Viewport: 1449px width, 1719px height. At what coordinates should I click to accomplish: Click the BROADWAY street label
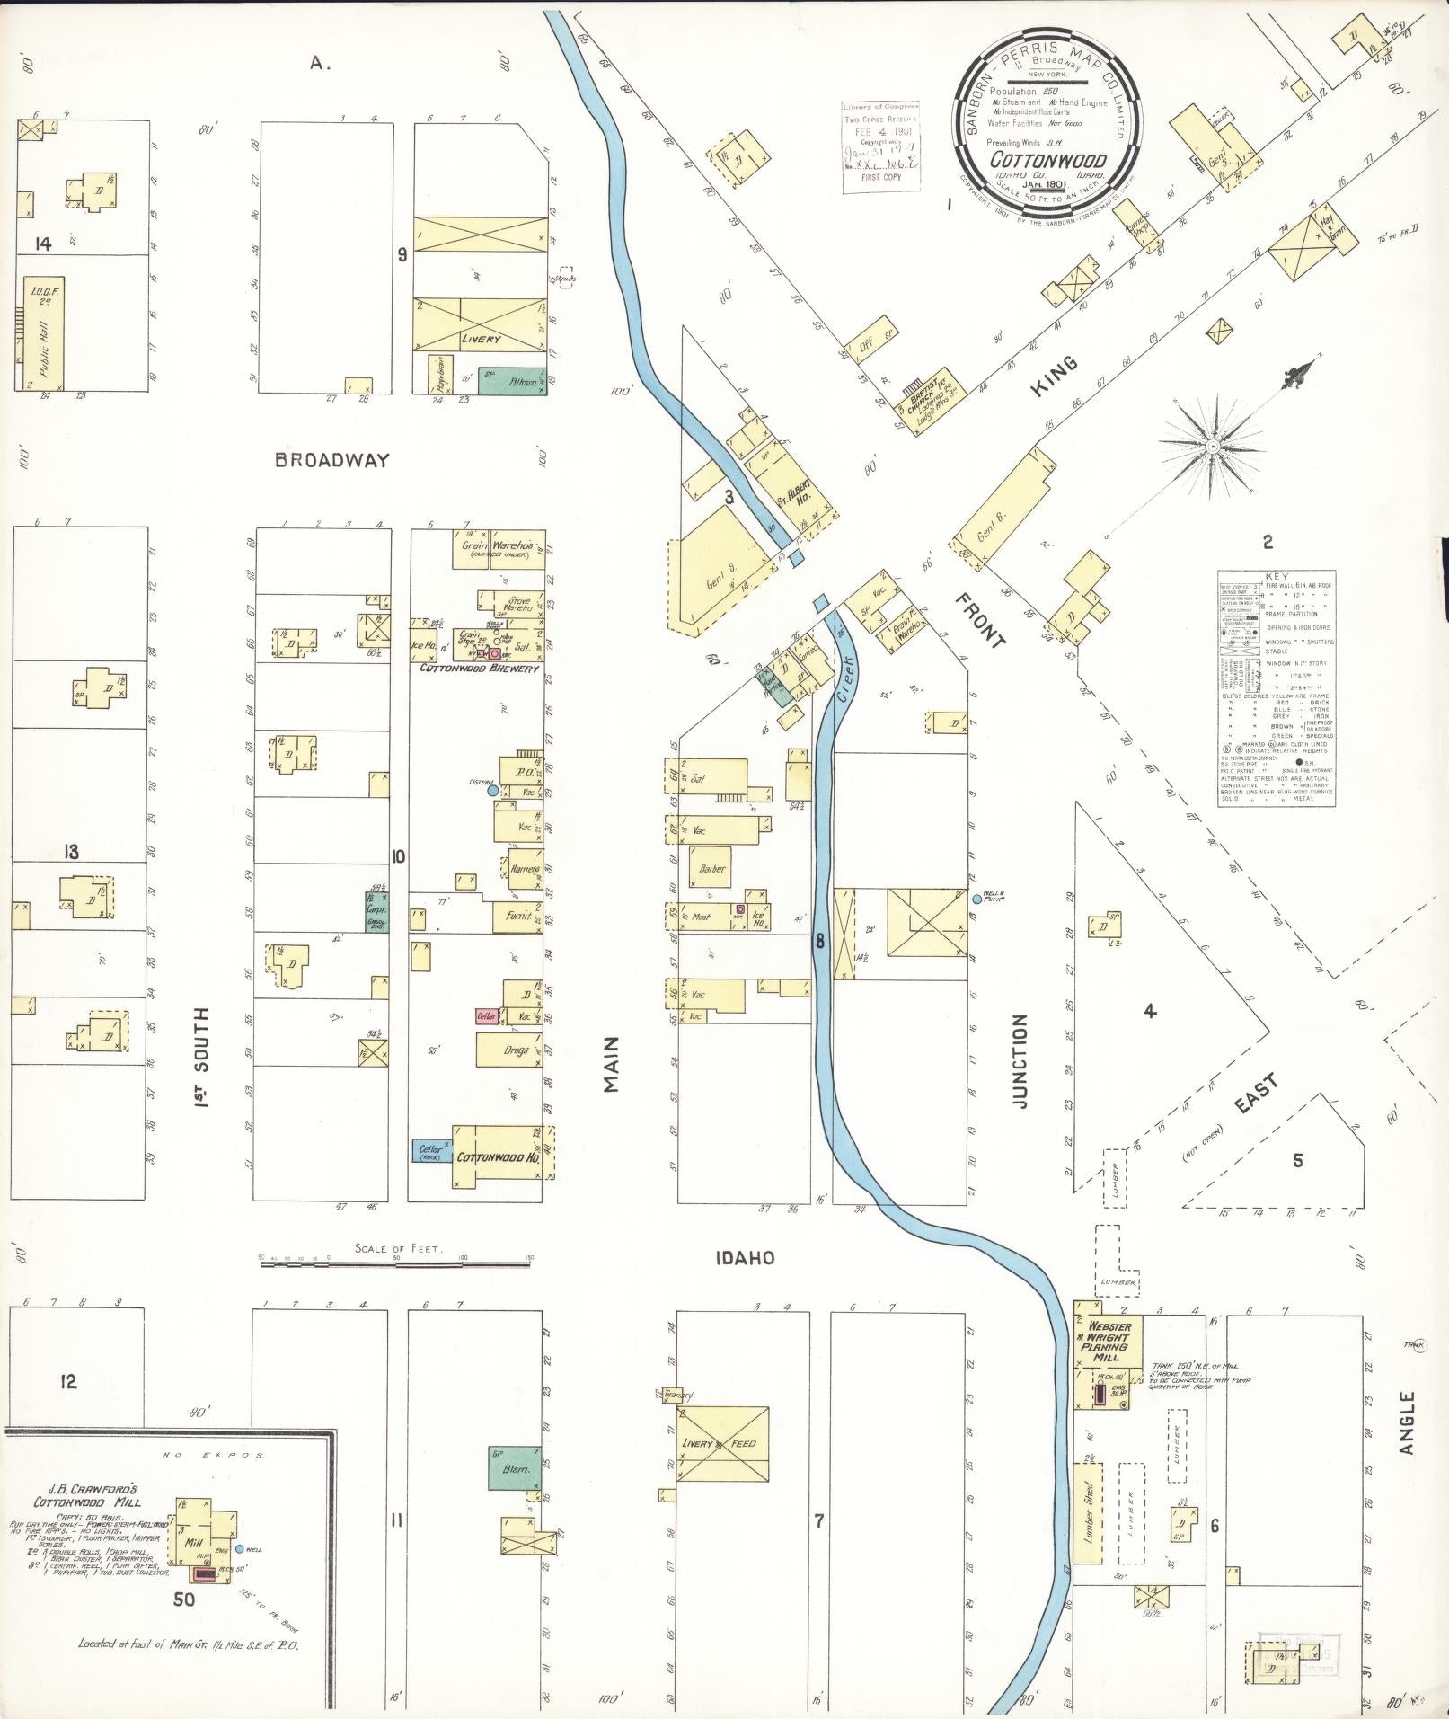(332, 460)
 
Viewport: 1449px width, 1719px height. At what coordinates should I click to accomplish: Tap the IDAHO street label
(745, 1258)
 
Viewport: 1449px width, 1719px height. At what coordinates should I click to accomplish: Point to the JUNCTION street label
(1019, 1060)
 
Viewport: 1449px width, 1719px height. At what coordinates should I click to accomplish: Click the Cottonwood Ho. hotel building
(499, 1156)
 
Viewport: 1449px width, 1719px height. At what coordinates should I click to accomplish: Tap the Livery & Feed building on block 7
(723, 1444)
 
